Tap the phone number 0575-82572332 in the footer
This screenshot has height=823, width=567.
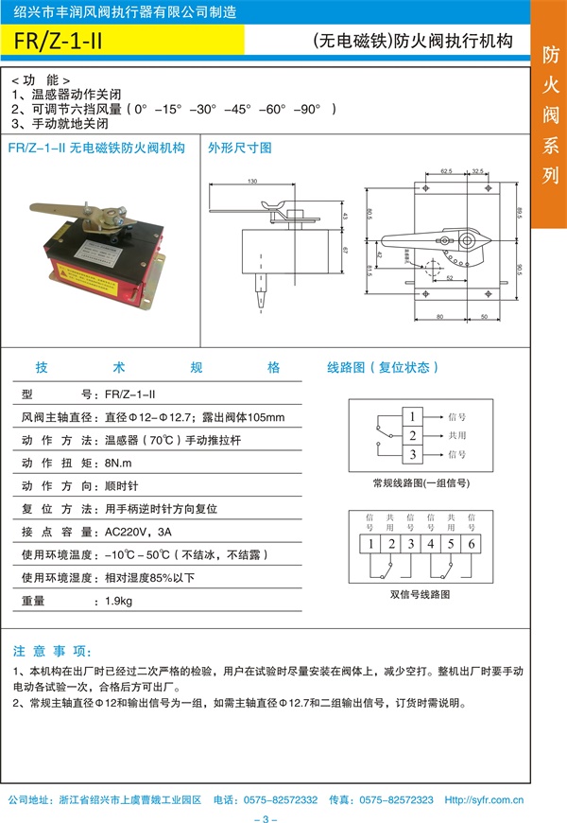point(280,799)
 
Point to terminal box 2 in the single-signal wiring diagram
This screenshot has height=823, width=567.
point(412,435)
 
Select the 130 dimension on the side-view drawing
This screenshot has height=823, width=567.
point(252,181)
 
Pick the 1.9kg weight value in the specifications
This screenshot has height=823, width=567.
point(117,601)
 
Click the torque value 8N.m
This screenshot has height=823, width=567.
point(120,463)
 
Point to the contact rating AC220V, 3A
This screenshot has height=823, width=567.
point(138,532)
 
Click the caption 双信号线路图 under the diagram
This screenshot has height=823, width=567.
point(421,595)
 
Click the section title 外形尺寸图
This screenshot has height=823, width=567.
point(240,148)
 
